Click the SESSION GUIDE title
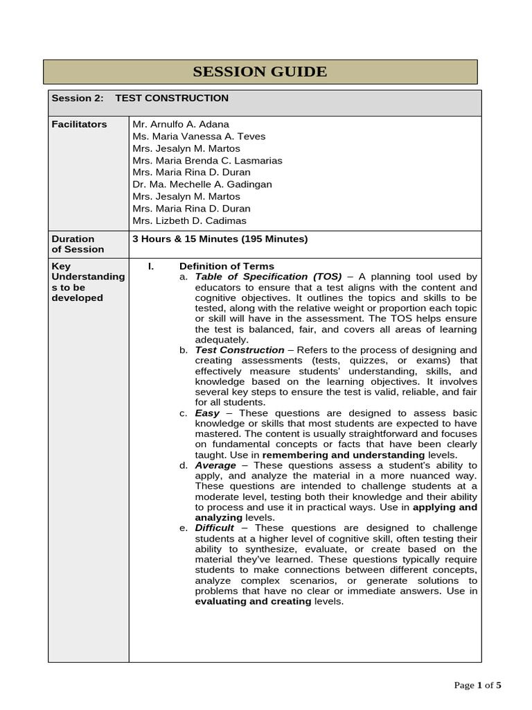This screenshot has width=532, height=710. tap(260, 72)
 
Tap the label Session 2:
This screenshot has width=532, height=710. tap(78, 98)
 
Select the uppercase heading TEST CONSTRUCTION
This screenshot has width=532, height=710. tap(172, 98)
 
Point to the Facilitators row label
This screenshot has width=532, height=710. tap(80, 124)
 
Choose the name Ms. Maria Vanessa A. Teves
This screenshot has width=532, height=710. tap(199, 137)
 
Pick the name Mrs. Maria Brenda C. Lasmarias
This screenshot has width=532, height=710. tap(207, 160)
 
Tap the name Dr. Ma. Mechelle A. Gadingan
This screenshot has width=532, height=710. tap(202, 184)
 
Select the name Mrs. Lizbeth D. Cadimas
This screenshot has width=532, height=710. tap(189, 220)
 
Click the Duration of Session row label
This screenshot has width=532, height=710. tap(78, 244)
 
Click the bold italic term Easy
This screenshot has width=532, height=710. tap(207, 413)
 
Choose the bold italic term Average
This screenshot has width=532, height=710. tap(215, 465)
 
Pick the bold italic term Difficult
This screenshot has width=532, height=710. tap(215, 528)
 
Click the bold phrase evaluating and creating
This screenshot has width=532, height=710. tap(254, 602)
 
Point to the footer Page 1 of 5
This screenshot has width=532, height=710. tap(477, 686)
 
